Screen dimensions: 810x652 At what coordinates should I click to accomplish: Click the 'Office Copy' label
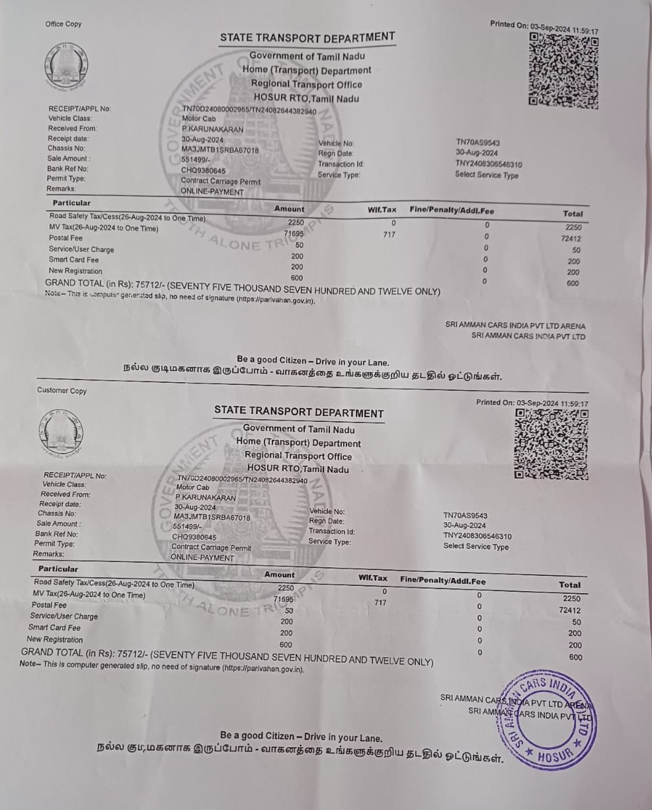click(63, 24)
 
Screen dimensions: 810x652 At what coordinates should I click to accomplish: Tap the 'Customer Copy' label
click(61, 391)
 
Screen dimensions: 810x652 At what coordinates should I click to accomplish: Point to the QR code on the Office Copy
click(563, 71)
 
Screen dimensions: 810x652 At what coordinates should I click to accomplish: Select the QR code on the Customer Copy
click(550, 444)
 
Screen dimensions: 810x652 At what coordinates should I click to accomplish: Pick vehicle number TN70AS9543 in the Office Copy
click(477, 142)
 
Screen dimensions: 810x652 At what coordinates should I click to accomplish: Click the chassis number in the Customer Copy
click(212, 517)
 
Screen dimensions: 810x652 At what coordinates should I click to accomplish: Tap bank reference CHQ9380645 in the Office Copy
click(204, 171)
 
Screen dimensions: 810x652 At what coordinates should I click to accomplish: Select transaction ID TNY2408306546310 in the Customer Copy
click(477, 536)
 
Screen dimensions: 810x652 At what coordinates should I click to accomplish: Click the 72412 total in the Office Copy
click(570, 238)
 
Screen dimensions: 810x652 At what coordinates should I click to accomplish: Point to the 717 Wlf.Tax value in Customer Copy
click(380, 603)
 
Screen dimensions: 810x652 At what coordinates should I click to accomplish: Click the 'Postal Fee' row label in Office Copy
click(65, 238)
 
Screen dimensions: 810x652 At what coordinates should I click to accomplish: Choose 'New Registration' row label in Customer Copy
click(55, 639)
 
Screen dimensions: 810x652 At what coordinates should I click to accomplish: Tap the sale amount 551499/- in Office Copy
click(195, 160)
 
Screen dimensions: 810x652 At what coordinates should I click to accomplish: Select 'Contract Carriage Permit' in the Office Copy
click(221, 181)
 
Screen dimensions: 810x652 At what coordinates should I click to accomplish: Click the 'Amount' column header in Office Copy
click(290, 209)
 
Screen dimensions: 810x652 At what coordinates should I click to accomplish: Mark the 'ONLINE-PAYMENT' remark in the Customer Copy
click(202, 557)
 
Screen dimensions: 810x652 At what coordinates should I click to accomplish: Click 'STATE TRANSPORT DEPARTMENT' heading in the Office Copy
click(307, 38)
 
